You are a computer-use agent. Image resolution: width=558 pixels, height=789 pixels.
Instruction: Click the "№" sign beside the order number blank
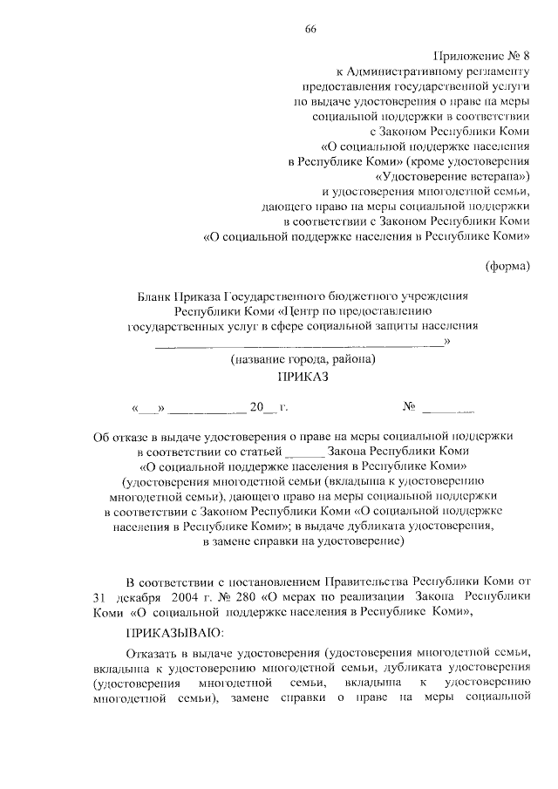pyautogui.click(x=408, y=407)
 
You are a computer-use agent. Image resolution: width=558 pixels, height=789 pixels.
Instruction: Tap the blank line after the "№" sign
pyautogui.click(x=453, y=408)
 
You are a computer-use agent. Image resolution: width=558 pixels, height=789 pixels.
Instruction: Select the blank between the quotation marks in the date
pyautogui.click(x=147, y=408)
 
